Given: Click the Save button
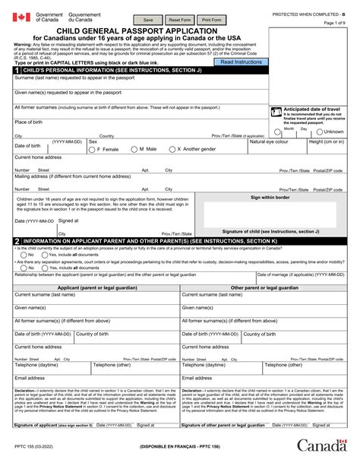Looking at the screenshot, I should (x=149, y=20).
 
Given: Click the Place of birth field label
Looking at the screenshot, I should (x=29, y=122).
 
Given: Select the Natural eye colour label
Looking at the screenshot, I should (x=270, y=141).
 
